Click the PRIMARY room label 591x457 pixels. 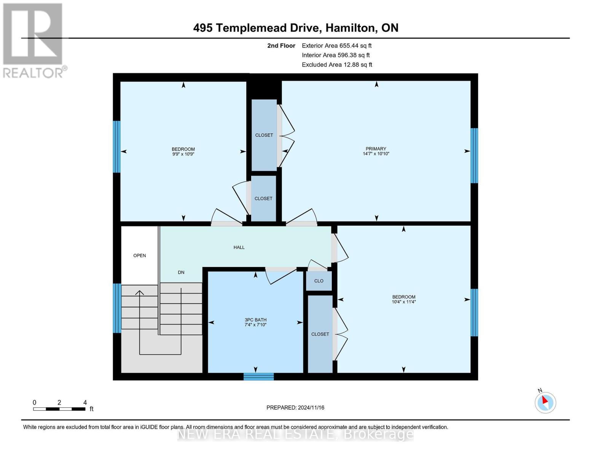tap(376, 149)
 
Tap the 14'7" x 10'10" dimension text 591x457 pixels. tap(376, 153)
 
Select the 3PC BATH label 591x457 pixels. tap(255, 320)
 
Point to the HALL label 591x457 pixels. tap(239, 247)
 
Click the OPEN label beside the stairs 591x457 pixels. tap(140, 255)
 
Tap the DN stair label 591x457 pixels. tap(181, 272)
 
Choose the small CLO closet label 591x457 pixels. tap(319, 281)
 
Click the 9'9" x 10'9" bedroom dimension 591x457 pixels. tap(183, 154)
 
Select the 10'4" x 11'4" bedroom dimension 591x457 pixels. tap(404, 302)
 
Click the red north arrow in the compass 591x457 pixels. tap(545, 400)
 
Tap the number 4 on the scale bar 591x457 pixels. tap(85, 402)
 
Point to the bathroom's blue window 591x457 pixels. tap(259, 376)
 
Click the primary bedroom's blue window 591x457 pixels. tap(474, 155)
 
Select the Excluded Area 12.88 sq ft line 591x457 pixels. tap(337, 64)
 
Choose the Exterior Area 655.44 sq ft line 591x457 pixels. tap(337, 45)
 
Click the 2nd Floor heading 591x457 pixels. tap(281, 45)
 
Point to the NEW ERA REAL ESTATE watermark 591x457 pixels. tap(295, 434)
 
